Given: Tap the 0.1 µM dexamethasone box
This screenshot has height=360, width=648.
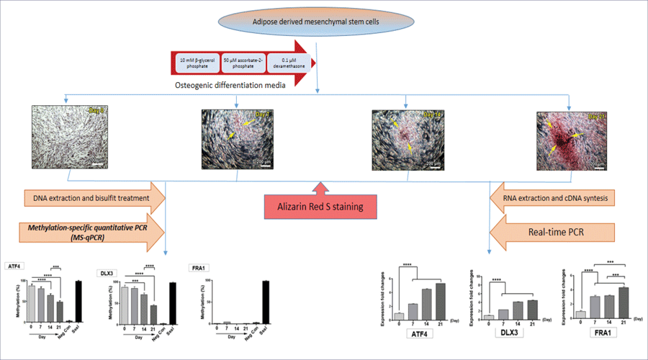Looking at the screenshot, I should point(287,63).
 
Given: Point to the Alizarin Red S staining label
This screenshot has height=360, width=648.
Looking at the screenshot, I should point(318,208).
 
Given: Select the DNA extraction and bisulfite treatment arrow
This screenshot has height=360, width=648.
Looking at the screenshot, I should point(89,196).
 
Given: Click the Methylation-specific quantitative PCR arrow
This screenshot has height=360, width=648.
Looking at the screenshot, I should point(89,233).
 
